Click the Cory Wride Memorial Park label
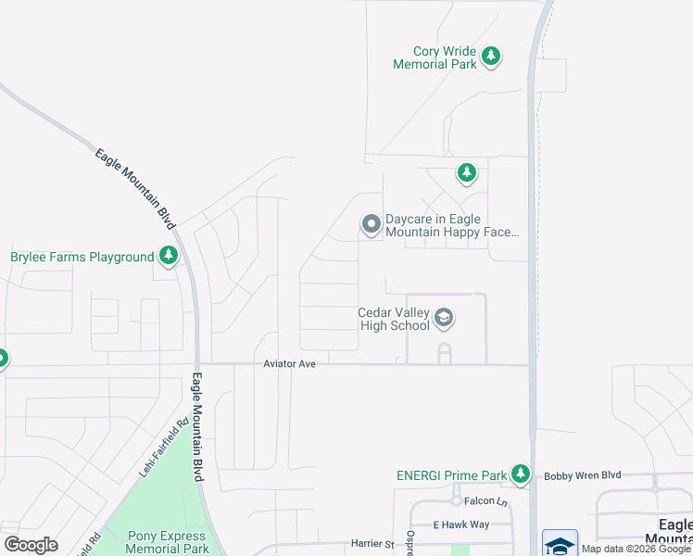pos(435,57)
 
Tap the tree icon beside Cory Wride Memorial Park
pos(491,57)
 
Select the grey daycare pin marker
pos(371,224)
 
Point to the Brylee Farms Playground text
pos(82,257)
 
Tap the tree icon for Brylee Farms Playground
pos(168,255)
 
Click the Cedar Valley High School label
pos(394,319)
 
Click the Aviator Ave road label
pos(289,364)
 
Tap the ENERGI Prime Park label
pos(450,475)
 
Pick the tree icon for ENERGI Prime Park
pos(521,474)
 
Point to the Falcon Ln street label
pos(488,501)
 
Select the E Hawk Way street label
pos(460,524)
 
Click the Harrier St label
pos(372,543)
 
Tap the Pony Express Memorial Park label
pos(156,542)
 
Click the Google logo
pos(31,545)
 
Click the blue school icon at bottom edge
pos(560,544)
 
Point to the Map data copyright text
pos(636,549)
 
